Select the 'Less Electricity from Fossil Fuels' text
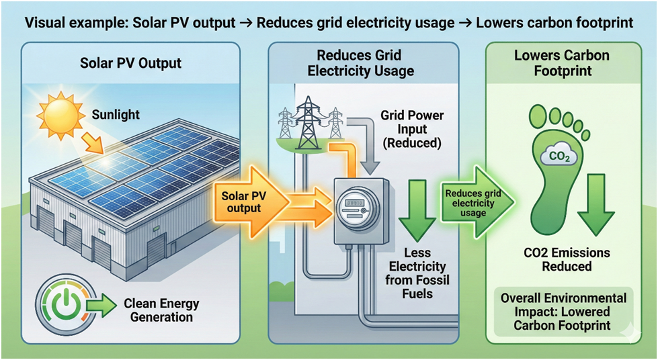418,277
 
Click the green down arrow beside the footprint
594,201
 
